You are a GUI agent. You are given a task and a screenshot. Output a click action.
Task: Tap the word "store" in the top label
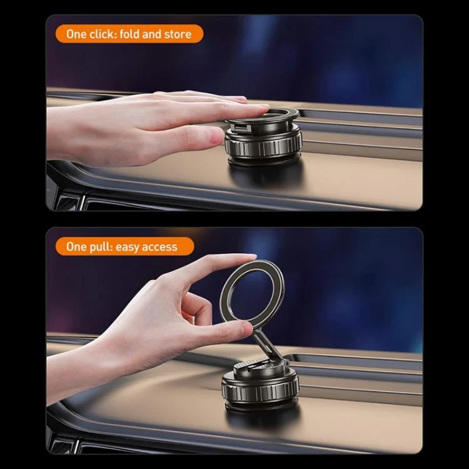pyautogui.click(x=178, y=34)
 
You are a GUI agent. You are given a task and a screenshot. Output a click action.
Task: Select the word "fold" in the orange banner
pyautogui.click(x=129, y=34)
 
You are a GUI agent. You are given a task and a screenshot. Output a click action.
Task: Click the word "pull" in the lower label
pyautogui.click(x=101, y=247)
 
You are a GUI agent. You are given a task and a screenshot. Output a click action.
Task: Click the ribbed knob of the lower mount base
pyautogui.click(x=260, y=389)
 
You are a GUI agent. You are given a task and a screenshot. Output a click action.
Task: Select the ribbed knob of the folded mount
pyautogui.click(x=263, y=146)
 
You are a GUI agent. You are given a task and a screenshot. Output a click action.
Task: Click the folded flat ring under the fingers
pyautogui.click(x=263, y=115)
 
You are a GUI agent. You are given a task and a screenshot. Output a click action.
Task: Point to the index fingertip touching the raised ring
pyautogui.click(x=249, y=257)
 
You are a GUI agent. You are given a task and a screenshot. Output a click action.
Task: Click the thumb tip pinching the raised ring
pyautogui.click(x=242, y=328)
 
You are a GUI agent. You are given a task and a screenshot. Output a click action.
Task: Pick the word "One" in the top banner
pyautogui.click(x=76, y=34)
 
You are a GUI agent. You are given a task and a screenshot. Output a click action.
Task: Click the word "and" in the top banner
pyautogui.click(x=152, y=34)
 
